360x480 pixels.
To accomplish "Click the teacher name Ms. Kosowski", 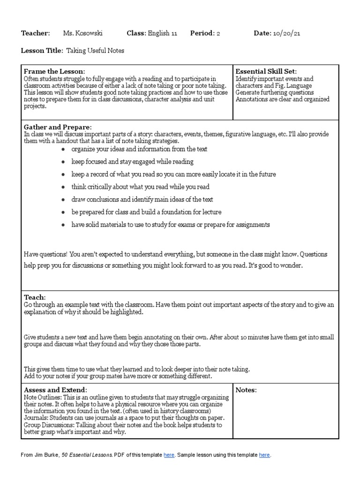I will [x=82, y=33].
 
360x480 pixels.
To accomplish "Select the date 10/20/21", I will [x=288, y=33].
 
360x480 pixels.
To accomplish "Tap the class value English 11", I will [x=162, y=33].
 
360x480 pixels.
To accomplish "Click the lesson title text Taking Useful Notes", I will [x=95, y=51].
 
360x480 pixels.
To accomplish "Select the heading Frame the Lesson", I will [x=54, y=71].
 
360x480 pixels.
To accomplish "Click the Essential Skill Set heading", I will [x=266, y=71].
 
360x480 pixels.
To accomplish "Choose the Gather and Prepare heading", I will [x=58, y=127].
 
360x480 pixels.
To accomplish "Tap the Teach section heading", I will [x=35, y=297].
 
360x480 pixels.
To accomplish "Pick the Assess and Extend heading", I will [x=55, y=390].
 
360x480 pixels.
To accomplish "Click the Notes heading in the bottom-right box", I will [x=246, y=390].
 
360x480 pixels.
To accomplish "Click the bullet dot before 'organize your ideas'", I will [x=63, y=149].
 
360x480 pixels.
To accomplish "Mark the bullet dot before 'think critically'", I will [x=63, y=187].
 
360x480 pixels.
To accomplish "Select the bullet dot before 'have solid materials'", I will [x=63, y=225].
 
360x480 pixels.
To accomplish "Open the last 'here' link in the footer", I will [x=264, y=455].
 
